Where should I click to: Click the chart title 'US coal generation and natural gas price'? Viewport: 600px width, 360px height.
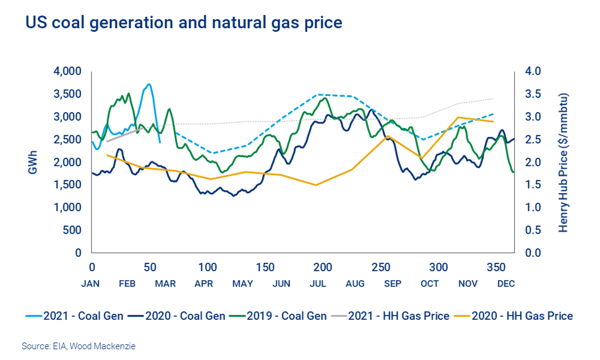point(184,23)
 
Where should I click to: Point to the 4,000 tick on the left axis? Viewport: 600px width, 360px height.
point(67,71)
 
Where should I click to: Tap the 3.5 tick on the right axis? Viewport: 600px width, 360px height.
point(533,94)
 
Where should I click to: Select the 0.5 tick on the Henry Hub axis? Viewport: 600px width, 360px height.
point(533,230)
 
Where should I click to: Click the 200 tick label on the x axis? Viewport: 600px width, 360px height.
point(323,267)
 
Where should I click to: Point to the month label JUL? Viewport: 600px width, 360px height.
point(318,284)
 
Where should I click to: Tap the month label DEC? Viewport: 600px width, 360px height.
point(506,284)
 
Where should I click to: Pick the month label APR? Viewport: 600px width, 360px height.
point(204,284)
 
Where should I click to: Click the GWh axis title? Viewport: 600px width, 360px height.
point(32,162)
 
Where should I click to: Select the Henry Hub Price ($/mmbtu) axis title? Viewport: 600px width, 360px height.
point(563,163)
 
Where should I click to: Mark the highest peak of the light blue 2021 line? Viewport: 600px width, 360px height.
point(149,84)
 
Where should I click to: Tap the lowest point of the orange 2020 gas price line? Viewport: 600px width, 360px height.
point(315,185)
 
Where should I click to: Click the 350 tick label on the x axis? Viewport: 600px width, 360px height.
point(496,267)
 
